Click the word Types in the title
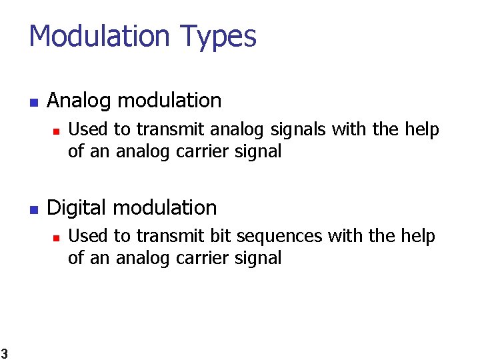217,36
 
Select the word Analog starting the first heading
80,101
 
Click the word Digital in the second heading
77,208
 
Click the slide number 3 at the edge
3,353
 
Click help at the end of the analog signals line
422,130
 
